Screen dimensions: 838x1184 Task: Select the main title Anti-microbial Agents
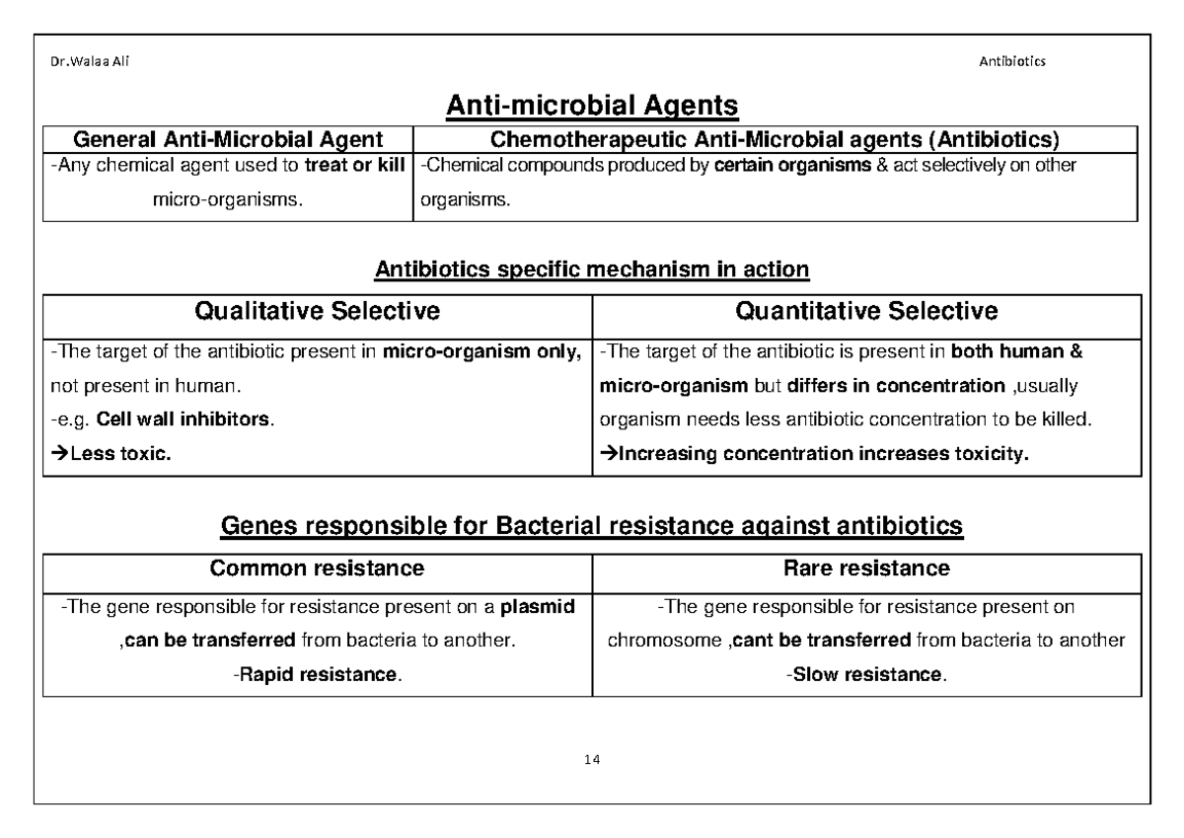pyautogui.click(x=592, y=105)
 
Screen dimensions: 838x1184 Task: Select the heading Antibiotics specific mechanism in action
pyautogui.click(x=592, y=268)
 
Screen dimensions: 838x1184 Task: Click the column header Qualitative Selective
pyautogui.click(x=317, y=312)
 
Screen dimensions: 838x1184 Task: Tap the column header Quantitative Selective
pyautogui.click(x=866, y=312)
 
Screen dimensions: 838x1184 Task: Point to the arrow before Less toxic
pyautogui.click(x=58, y=455)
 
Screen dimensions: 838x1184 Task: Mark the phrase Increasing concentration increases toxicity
pyautogui.click(x=822, y=455)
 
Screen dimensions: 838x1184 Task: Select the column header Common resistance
pyautogui.click(x=317, y=569)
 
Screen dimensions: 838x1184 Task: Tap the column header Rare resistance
pyautogui.click(x=866, y=569)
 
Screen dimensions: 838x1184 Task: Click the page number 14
pyautogui.click(x=592, y=760)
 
